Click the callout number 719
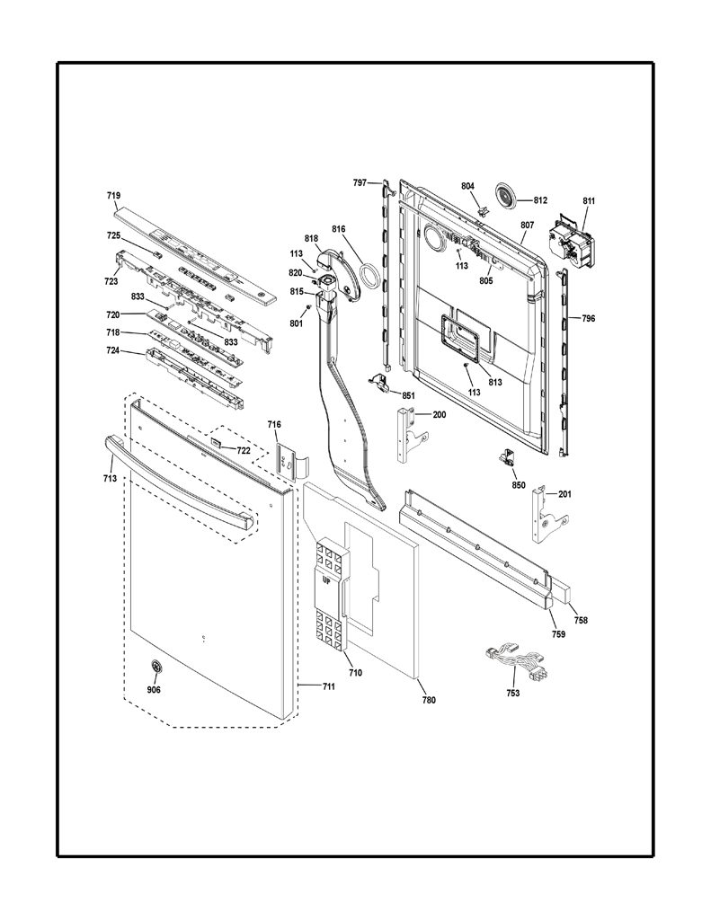pos(113,195)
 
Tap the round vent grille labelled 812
pos(505,194)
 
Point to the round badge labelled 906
pos(156,666)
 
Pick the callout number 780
pos(429,699)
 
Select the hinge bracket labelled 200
pos(412,435)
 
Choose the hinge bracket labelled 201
pos(549,513)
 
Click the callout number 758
pos(580,620)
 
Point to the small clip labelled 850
pos(506,456)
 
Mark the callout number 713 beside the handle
pos(110,478)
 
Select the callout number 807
pos(527,225)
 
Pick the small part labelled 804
pos(484,209)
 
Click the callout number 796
pos(588,319)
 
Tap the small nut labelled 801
pos(307,308)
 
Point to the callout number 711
pos(328,686)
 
